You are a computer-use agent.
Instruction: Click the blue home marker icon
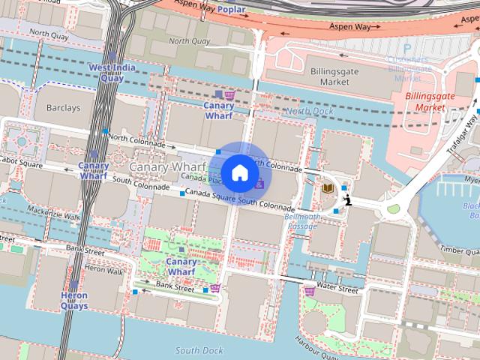coord(240,172)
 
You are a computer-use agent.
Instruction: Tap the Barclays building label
coord(62,108)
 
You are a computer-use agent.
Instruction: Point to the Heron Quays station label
coord(74,301)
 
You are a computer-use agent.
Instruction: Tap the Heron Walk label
coord(103,269)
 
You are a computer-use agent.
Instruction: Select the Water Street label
coord(337,288)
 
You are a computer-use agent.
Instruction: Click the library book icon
coord(328,188)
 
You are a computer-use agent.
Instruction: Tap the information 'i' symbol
coord(348,199)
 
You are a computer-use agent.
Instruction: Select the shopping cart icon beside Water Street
coord(310,290)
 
